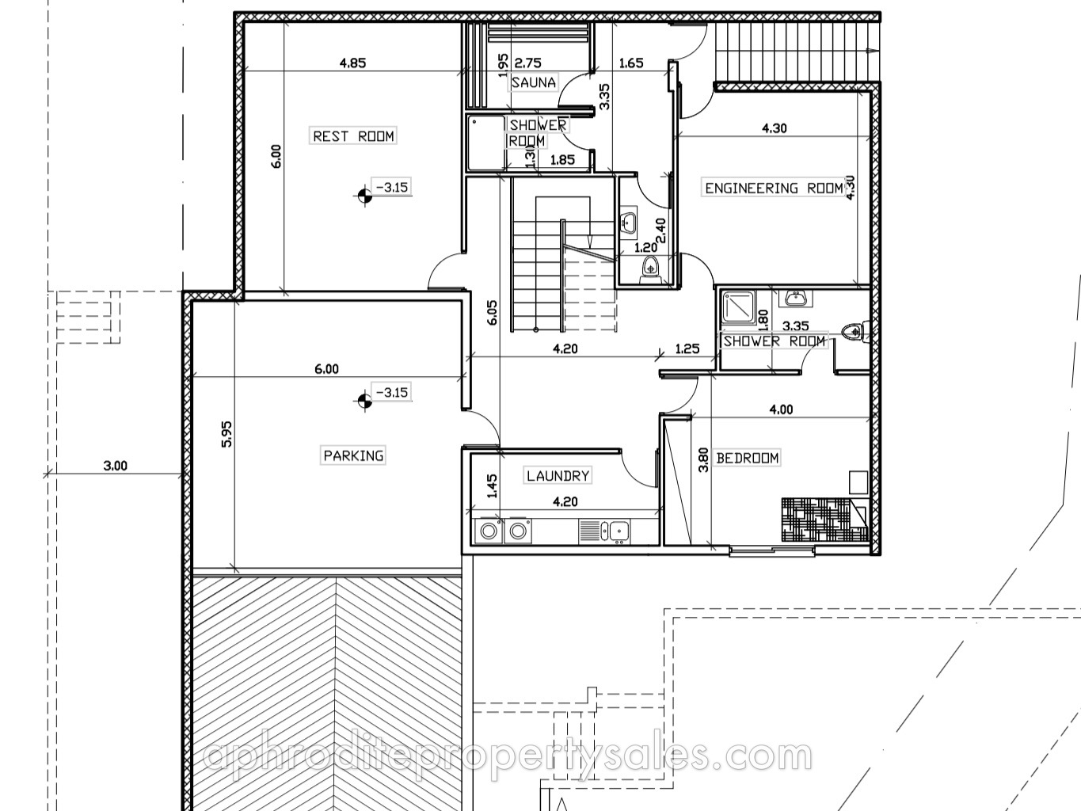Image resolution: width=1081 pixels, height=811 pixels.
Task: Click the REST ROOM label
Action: pyautogui.click(x=354, y=136)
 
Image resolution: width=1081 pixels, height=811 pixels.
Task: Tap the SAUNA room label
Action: pyautogui.click(x=533, y=82)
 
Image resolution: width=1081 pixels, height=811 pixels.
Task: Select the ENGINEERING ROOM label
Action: pyautogui.click(x=774, y=188)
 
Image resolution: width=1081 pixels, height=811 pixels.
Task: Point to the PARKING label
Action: pyautogui.click(x=353, y=455)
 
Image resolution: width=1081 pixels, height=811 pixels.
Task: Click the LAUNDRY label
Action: pyautogui.click(x=558, y=476)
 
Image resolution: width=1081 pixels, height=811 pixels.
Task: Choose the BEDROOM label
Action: pyautogui.click(x=747, y=459)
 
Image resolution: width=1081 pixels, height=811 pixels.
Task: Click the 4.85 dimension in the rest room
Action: pyautogui.click(x=352, y=63)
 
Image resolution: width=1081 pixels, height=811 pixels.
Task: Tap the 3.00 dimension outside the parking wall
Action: pyautogui.click(x=116, y=466)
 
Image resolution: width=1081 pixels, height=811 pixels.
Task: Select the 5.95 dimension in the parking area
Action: pyautogui.click(x=227, y=433)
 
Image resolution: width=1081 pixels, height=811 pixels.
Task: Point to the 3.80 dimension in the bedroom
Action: pyautogui.click(x=704, y=459)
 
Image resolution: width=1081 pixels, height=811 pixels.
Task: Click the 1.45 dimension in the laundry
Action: pyautogui.click(x=492, y=485)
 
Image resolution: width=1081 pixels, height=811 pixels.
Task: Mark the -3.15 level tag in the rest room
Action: pyautogui.click(x=391, y=187)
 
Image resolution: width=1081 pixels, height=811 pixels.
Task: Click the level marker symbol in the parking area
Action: pyautogui.click(x=364, y=401)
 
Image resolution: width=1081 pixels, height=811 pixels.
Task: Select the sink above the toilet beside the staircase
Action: pyautogui.click(x=628, y=221)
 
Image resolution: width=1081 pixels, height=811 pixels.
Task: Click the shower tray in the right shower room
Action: pyautogui.click(x=738, y=307)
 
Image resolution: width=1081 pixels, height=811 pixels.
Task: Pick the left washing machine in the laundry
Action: pyautogui.click(x=489, y=531)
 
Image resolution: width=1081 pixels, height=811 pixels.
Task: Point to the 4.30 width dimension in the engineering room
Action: pyautogui.click(x=775, y=128)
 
